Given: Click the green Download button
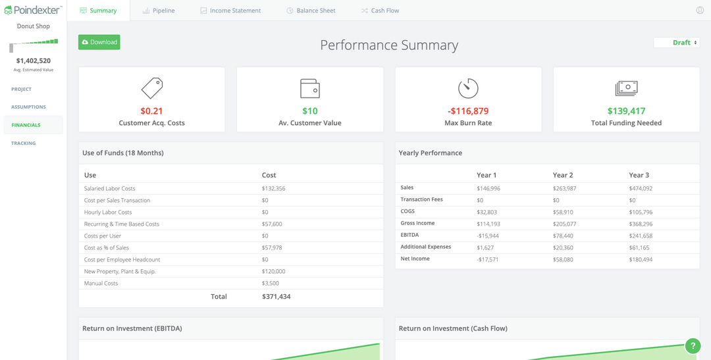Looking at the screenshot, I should (99, 42).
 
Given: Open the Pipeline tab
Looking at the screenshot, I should (159, 11).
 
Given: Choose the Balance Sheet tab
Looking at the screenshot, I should (311, 11).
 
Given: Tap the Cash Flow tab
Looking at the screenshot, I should (381, 11).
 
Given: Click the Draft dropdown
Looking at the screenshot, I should (677, 43).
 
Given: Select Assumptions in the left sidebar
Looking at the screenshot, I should (28, 107).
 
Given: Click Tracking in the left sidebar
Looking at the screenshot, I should (24, 143).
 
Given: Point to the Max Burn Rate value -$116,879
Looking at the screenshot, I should (468, 111).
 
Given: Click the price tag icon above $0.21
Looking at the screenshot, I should (152, 88).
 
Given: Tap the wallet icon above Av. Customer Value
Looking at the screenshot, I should (310, 88).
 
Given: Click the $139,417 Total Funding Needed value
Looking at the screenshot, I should (626, 111).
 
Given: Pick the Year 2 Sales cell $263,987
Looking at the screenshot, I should (565, 188).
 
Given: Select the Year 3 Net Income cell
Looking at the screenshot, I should (641, 259).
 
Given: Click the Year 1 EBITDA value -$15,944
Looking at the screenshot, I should (488, 236).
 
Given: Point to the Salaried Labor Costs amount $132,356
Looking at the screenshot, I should (273, 189).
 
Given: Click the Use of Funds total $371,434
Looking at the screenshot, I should (276, 297).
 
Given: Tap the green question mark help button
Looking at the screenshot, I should (693, 346).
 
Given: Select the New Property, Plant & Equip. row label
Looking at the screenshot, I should (120, 271).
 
